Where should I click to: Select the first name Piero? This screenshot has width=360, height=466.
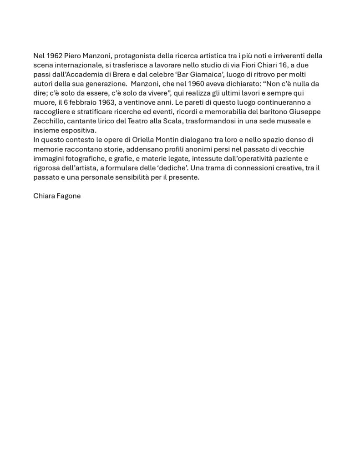click(x=73, y=56)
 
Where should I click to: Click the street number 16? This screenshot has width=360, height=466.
click(x=271, y=65)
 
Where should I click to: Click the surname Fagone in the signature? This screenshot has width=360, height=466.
click(x=68, y=197)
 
